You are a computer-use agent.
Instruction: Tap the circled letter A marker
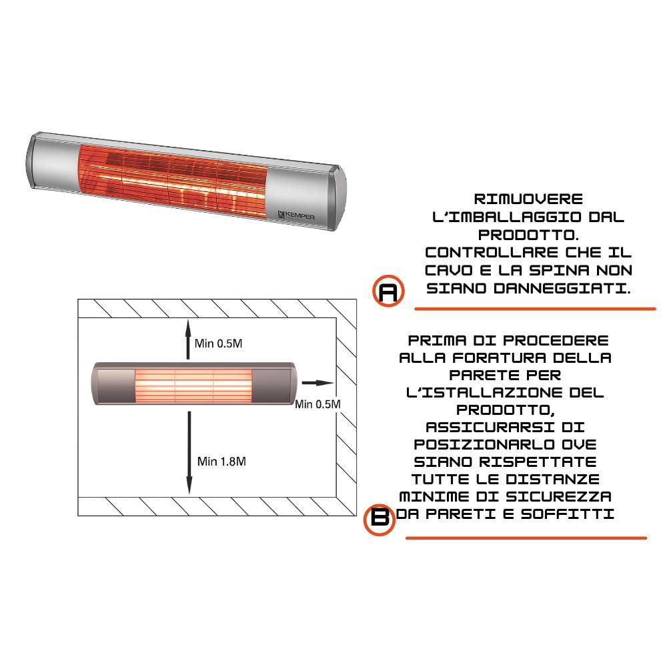pyautogui.click(x=388, y=291)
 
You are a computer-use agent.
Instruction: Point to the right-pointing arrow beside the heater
pyautogui.click(x=316, y=383)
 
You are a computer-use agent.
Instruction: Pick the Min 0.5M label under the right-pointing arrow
pyautogui.click(x=317, y=404)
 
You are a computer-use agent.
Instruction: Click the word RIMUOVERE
pyautogui.click(x=528, y=199)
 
